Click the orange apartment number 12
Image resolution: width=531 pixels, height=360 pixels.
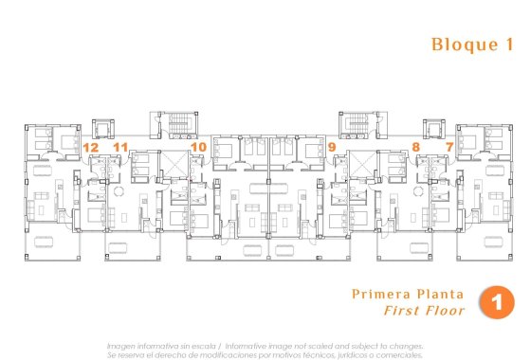pyautogui.click(x=91, y=147)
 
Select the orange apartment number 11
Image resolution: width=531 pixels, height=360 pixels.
pyautogui.click(x=119, y=147)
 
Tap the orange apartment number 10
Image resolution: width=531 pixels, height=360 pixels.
pyautogui.click(x=198, y=147)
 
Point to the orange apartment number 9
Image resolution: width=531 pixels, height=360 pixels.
pyautogui.click(x=332, y=147)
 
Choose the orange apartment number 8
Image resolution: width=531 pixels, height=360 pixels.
pyautogui.click(x=415, y=147)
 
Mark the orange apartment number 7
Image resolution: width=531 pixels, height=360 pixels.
pyautogui.click(x=449, y=147)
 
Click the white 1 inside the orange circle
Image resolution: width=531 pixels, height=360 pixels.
pyautogui.click(x=496, y=302)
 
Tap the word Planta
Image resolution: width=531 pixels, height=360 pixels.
pyautogui.click(x=439, y=294)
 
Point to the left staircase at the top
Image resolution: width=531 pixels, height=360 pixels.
pyautogui.click(x=170, y=124)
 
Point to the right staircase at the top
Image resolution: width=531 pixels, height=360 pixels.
pyautogui.click(x=358, y=124)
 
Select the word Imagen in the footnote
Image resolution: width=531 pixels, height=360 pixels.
pyautogui.click(x=121, y=346)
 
